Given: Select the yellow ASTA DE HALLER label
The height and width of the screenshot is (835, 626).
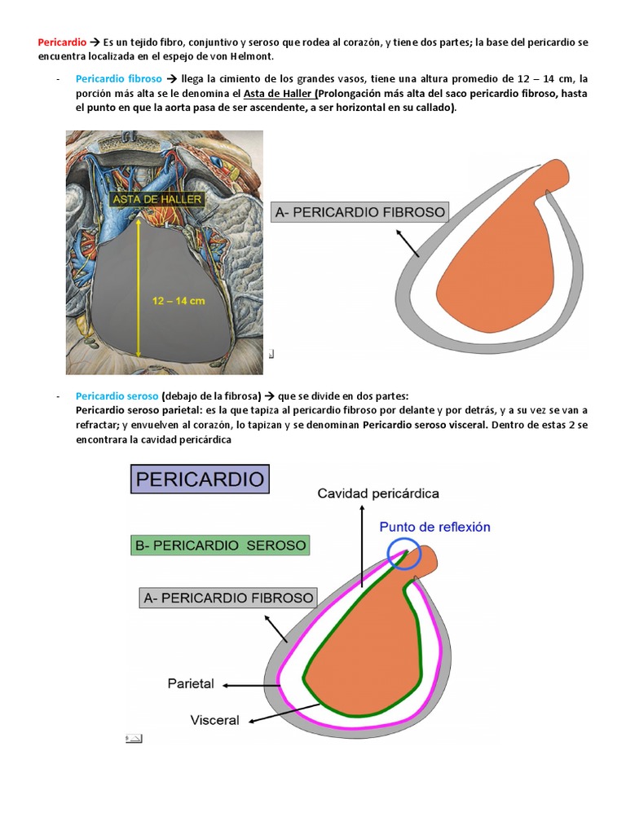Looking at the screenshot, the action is [x=158, y=198].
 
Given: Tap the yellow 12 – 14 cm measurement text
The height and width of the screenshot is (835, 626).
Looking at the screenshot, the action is [x=179, y=300].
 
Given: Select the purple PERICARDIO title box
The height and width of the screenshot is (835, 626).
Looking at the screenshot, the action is [x=201, y=479].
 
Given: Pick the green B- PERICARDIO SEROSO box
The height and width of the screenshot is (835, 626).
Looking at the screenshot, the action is [x=220, y=545].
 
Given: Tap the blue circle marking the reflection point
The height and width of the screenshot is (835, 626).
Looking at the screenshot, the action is [x=405, y=554].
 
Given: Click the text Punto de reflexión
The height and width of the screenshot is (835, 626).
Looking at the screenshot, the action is [x=434, y=527].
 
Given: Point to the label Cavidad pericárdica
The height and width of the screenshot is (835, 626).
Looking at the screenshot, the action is [x=378, y=493].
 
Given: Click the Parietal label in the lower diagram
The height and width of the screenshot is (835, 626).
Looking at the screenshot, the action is [x=191, y=683].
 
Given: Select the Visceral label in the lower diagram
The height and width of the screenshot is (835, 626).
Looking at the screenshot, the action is [x=214, y=720].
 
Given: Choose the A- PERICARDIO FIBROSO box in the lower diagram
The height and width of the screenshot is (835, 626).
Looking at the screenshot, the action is [x=228, y=598].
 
